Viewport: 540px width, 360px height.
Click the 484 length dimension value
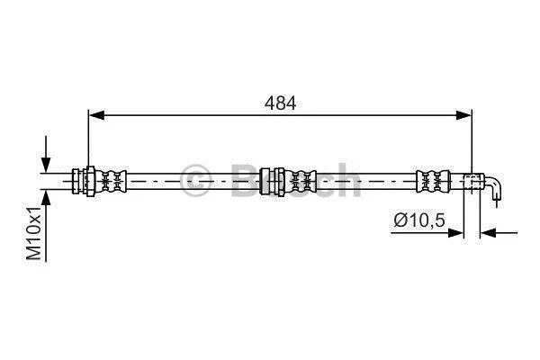pos(280,103)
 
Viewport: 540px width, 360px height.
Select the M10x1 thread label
pos(34,234)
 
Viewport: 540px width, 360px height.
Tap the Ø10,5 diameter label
pos(419,220)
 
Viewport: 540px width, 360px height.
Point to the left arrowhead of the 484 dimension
pos(96,115)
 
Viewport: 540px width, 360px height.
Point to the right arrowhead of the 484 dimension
pos(463,115)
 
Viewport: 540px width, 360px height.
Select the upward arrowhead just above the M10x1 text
pos(46,198)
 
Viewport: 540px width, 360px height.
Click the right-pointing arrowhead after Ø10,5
pos(455,233)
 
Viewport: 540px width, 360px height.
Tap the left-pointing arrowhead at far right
pos(489,233)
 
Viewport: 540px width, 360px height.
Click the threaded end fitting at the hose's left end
pos(84,181)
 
